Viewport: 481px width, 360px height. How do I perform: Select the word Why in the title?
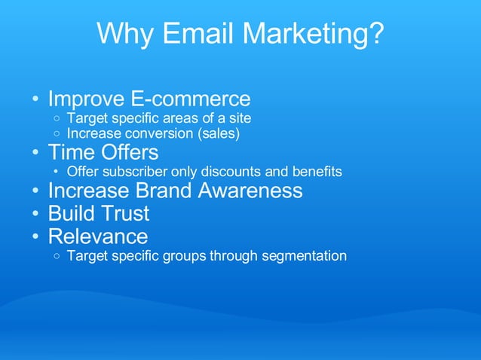(124, 34)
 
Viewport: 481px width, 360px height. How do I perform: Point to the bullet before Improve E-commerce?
(35, 99)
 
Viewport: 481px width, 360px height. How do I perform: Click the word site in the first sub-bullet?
(238, 118)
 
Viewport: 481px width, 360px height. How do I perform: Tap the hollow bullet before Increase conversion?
(58, 135)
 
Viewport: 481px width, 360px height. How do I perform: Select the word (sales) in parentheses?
(217, 134)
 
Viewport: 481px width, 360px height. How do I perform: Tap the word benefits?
(317, 172)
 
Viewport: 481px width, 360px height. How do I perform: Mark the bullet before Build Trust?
(35, 215)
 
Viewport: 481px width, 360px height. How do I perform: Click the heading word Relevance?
(98, 236)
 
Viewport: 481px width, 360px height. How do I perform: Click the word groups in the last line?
(185, 256)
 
